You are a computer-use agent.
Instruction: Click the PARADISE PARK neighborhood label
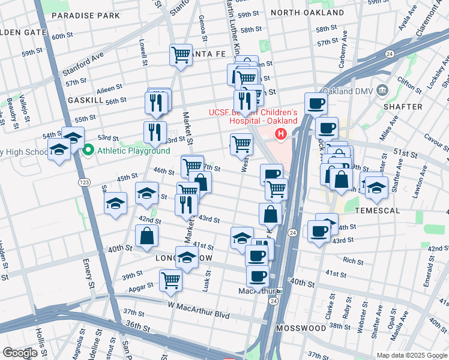[x=94, y=16]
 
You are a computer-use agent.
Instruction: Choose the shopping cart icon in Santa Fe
[x=181, y=55]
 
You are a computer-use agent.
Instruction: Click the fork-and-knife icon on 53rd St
[x=155, y=132]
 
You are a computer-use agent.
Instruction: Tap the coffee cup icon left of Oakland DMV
[x=316, y=103]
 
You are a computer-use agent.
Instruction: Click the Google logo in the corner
[x=20, y=353]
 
